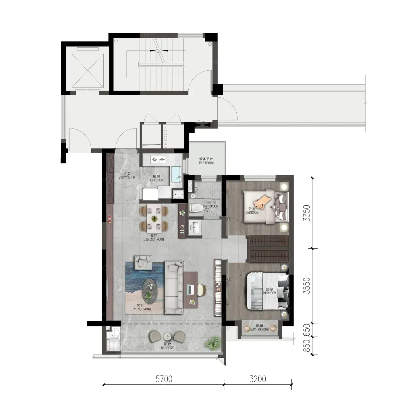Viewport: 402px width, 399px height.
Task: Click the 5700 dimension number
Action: pos(164,379)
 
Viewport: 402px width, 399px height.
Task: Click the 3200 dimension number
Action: pos(258,379)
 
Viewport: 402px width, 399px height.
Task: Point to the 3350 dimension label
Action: pos(307,213)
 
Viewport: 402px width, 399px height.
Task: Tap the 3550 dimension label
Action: pos(307,285)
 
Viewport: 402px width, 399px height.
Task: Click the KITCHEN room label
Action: pos(156,180)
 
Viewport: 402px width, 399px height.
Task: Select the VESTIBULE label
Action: pos(127,178)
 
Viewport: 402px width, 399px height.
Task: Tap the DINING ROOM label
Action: pos(154,239)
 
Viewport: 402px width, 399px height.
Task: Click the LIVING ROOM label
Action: pos(140,309)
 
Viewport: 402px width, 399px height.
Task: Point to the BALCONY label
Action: pos(167,348)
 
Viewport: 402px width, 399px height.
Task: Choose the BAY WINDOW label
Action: pos(260,329)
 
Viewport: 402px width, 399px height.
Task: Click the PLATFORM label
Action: pos(206,163)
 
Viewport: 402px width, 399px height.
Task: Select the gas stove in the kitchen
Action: pos(158,160)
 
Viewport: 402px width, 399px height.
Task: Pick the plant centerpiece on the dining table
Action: pos(154,219)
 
